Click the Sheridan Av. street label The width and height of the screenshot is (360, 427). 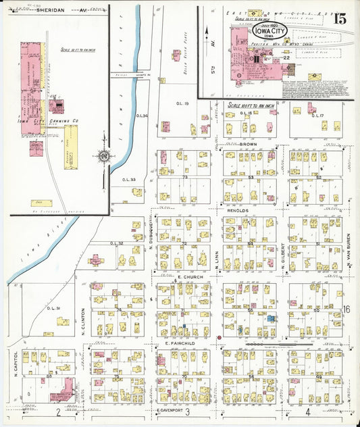[51, 10]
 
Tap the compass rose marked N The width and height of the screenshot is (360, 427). [103, 157]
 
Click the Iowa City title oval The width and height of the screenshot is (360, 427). [269, 32]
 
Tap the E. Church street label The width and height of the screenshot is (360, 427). [185, 277]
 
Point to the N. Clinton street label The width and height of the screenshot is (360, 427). [83, 320]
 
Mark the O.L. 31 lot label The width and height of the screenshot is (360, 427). [54, 308]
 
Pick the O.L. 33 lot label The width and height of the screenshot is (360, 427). [129, 180]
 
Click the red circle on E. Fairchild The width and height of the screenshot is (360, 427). [220, 337]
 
